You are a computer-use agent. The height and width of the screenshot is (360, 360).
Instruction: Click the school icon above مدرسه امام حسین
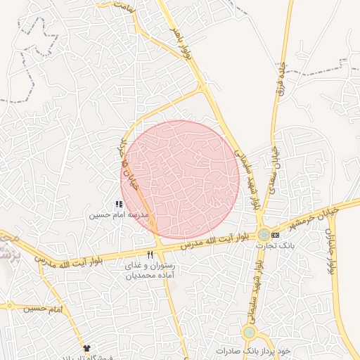pyautogui.click(x=118, y=204)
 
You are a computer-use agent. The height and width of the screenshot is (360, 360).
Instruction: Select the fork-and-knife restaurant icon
pyautogui.click(x=150, y=255)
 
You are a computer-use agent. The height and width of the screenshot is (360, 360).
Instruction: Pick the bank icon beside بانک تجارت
pyautogui.click(x=275, y=235)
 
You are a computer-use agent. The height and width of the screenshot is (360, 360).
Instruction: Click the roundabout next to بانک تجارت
pyautogui.click(x=263, y=235)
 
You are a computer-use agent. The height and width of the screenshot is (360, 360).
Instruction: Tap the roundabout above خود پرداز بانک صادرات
pyautogui.click(x=249, y=332)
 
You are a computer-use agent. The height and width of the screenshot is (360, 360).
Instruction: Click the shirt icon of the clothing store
pyautogui.click(x=86, y=348)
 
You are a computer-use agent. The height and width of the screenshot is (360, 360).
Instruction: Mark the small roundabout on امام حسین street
pyautogui.click(x=10, y=304)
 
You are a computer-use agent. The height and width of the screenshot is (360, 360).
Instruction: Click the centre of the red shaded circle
pyautogui.click(x=180, y=179)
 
